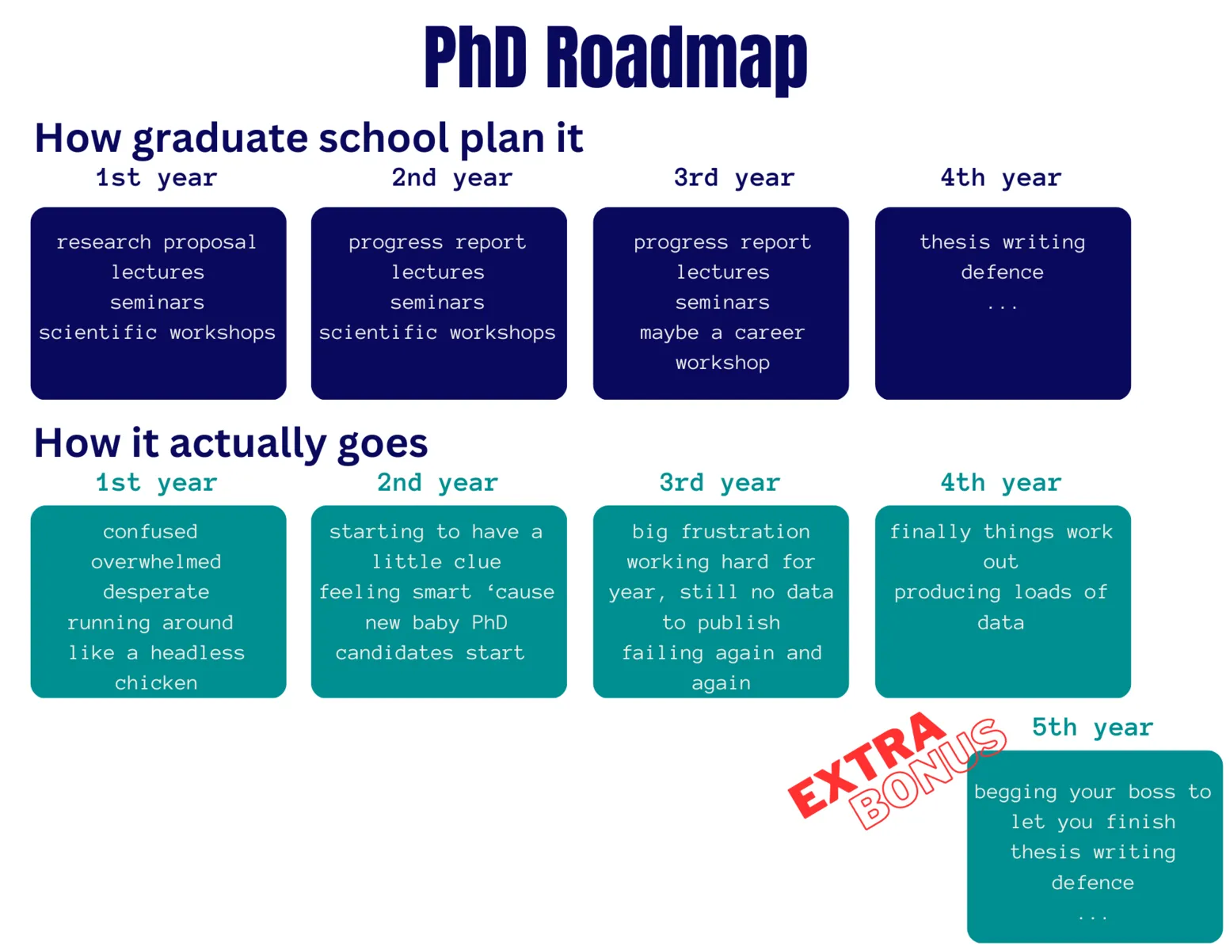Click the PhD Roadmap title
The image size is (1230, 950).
pos(615,59)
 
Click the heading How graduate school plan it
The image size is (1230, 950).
pos(308,139)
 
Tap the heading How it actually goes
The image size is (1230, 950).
pos(230,443)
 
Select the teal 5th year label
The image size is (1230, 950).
pos(1092,727)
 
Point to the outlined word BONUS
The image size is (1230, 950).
pos(927,773)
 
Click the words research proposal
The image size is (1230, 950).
pos(157,242)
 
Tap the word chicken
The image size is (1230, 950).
pos(156,682)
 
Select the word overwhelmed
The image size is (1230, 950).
pos(156,562)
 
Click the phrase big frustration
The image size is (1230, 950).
pos(721,531)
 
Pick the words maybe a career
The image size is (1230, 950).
pos(722,332)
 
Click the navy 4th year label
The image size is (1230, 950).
pos(1000,178)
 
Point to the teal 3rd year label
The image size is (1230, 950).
pos(719,482)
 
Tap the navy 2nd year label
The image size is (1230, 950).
pos(451,178)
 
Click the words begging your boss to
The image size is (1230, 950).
pos(1092,792)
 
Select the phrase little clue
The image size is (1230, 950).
pos(436,562)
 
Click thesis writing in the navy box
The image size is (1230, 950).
pos(1002,242)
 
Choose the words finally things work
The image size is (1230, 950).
pos(1000,531)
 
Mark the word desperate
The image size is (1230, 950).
pos(156,592)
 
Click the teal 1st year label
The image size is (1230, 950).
pos(156,482)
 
